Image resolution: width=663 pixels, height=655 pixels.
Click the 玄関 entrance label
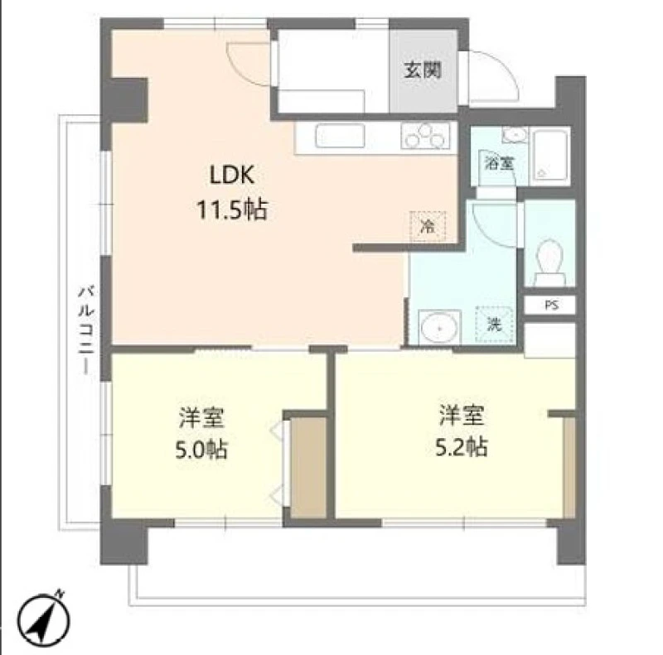click(423, 70)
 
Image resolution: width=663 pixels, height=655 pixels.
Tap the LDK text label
click(232, 175)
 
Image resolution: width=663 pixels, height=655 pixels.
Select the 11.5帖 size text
click(232, 210)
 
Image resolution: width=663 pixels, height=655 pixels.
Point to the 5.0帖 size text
click(201, 449)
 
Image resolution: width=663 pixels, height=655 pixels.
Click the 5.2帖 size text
click(462, 447)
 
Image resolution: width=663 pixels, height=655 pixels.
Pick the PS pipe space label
click(551, 305)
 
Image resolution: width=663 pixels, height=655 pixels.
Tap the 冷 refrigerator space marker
click(428, 227)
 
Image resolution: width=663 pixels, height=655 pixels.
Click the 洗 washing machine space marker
click(494, 324)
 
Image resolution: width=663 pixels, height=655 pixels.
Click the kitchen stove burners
click(426, 136)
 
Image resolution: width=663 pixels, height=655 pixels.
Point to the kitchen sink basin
click(340, 136)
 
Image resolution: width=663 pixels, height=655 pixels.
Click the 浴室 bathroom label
click(499, 163)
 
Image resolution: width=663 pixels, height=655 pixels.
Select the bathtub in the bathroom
click(549, 156)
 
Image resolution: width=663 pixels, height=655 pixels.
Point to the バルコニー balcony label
click(86, 330)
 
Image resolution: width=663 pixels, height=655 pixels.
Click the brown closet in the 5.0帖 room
click(308, 467)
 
